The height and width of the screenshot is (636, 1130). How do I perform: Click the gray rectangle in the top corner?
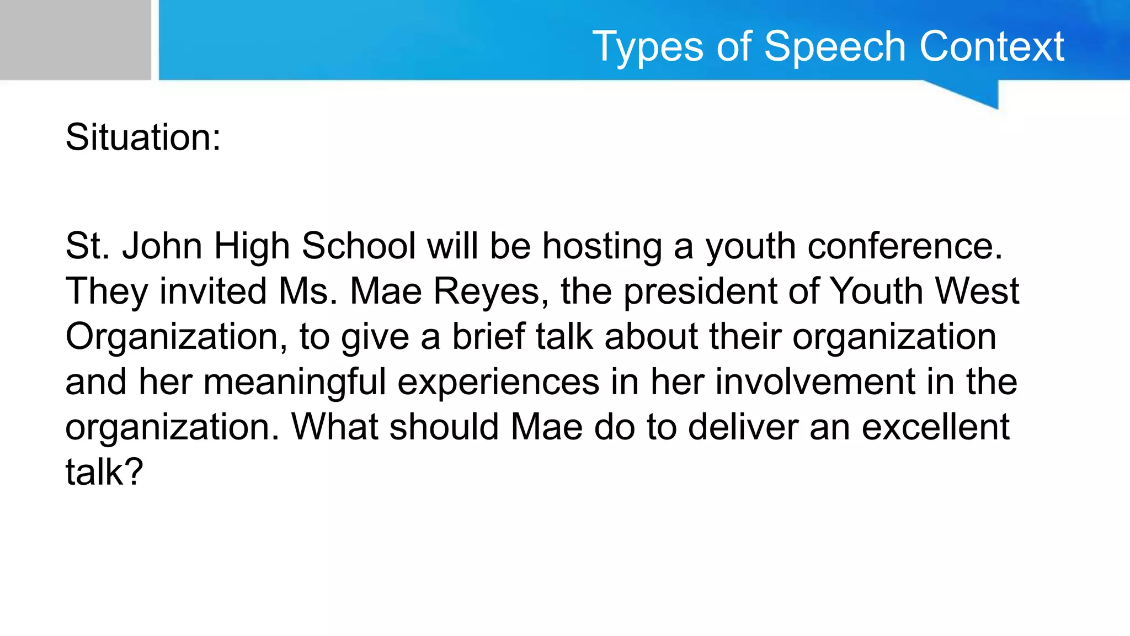[x=75, y=40]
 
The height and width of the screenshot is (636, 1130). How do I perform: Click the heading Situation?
[x=143, y=137]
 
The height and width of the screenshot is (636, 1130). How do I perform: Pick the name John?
[x=162, y=246]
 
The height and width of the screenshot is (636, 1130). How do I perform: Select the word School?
[x=359, y=246]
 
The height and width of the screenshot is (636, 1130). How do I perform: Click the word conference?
[x=905, y=246]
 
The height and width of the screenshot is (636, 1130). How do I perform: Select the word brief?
[x=488, y=336]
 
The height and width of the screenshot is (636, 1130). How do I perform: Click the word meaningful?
[x=295, y=381]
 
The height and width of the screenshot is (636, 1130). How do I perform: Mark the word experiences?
[x=498, y=381]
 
